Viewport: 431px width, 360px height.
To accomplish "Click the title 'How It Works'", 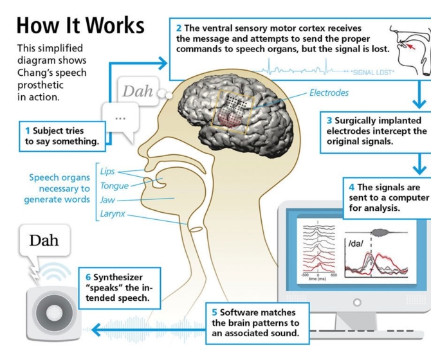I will point(80,25).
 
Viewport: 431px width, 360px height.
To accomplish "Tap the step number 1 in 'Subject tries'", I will point(28,130).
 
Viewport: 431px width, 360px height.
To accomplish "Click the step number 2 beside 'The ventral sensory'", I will point(178,28).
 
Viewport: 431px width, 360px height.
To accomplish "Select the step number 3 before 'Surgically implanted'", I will point(329,120).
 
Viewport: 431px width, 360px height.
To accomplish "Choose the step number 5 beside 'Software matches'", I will point(214,312).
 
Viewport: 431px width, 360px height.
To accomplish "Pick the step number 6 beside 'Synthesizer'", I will point(88,278).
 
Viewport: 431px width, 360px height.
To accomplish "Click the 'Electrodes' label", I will point(329,93).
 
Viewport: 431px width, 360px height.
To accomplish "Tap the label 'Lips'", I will point(107,171).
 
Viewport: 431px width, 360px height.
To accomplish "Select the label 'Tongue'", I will point(114,186).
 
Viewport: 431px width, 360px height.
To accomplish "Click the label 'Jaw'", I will point(107,200).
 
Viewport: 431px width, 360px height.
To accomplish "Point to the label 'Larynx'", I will point(113,214).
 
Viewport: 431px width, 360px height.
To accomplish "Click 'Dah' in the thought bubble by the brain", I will point(138,91).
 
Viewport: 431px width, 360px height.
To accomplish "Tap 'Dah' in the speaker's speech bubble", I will point(44,240).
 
